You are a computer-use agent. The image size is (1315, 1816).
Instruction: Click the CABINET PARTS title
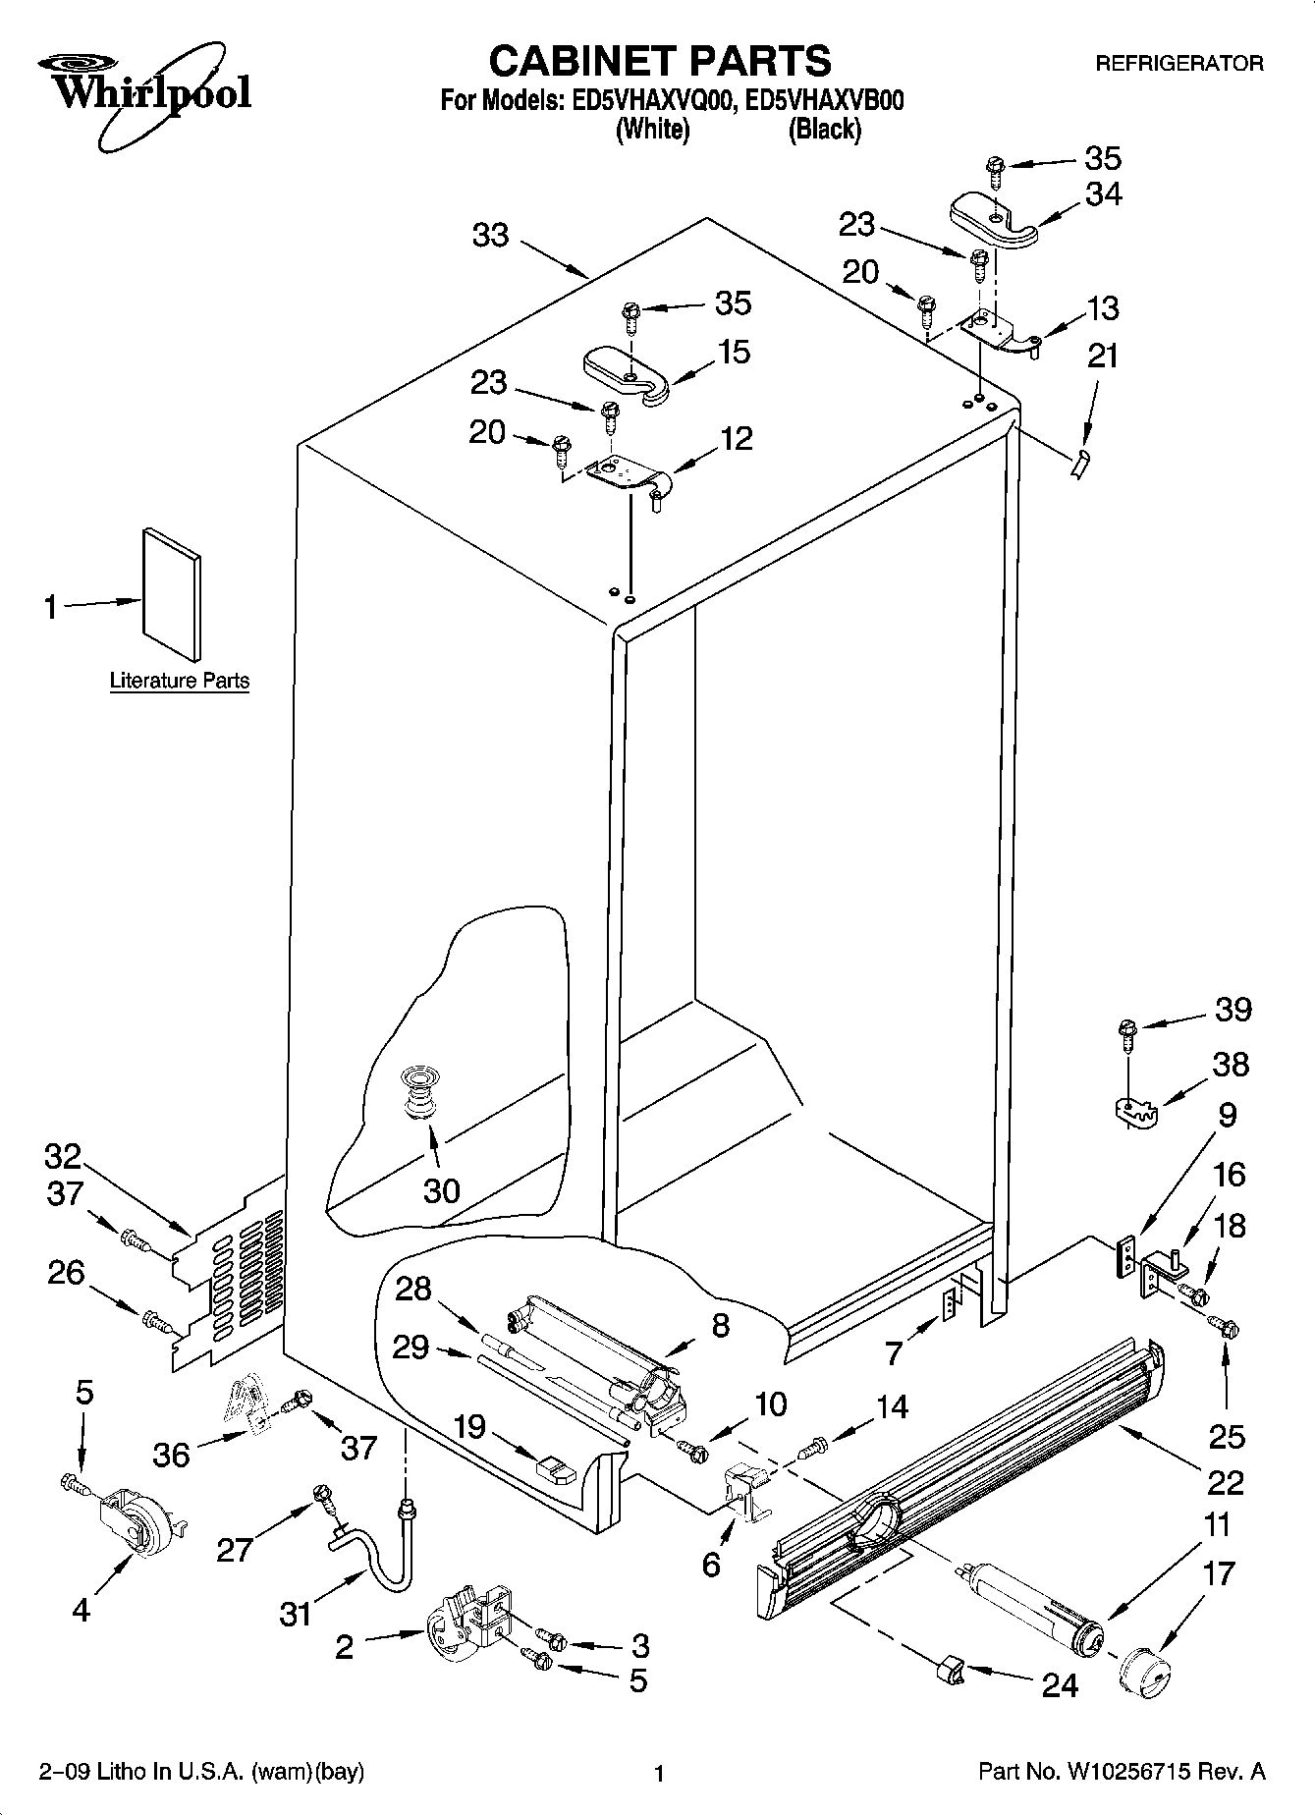pos(659,61)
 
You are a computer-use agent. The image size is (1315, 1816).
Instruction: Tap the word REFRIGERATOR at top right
pos(1178,64)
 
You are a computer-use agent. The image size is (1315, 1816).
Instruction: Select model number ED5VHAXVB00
pos(824,100)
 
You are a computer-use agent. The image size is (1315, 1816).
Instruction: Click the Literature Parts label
pos(179,681)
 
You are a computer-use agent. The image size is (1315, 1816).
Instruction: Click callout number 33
pos(491,235)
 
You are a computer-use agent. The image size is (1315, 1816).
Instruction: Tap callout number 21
pos(1104,357)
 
